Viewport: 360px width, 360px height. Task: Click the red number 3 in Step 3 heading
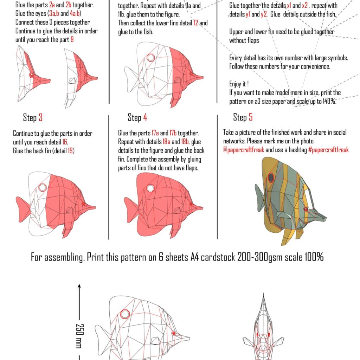coord(40,117)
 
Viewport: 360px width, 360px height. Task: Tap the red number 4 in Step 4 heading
coord(145,117)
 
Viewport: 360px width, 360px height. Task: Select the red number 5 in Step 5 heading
coord(251,117)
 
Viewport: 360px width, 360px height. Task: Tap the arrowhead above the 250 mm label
coord(79,285)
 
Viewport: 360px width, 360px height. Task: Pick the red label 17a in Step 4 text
coord(155,134)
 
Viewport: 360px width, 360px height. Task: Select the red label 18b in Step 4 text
coord(185,142)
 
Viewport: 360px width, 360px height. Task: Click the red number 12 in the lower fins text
coord(196,23)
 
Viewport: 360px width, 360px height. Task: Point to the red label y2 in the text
coord(263,15)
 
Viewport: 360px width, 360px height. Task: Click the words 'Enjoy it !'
coord(239,84)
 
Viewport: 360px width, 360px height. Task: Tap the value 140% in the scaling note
coord(329,102)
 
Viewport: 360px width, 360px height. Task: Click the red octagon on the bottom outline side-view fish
coord(125,314)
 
